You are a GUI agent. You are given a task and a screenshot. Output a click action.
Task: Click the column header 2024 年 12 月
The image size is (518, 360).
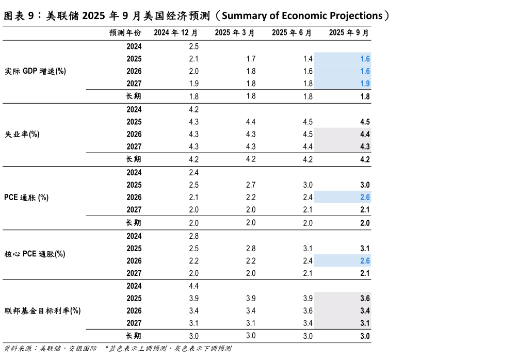click(176, 33)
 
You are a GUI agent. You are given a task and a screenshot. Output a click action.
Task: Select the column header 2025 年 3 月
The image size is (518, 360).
click(235, 33)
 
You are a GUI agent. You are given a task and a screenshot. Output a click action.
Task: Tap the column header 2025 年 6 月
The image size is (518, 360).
click(292, 33)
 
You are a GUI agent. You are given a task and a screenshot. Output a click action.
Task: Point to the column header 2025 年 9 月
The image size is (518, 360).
click(349, 33)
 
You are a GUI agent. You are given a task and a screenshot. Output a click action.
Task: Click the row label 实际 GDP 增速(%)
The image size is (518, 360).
click(35, 71)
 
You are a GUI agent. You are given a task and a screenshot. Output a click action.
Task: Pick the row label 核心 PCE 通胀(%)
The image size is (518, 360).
click(35, 254)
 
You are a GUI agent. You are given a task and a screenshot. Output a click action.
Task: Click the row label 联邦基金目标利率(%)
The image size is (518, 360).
click(42, 311)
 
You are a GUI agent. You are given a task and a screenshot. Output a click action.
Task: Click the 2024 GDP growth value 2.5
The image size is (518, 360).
click(194, 46)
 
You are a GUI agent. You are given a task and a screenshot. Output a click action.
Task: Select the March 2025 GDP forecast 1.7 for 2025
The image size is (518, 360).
click(251, 59)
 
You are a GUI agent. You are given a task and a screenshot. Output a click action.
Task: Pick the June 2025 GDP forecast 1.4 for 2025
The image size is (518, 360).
click(308, 59)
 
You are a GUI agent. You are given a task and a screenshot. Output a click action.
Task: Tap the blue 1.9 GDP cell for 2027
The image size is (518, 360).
click(365, 84)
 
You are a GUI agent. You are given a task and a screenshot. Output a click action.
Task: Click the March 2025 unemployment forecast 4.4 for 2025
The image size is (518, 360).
click(251, 122)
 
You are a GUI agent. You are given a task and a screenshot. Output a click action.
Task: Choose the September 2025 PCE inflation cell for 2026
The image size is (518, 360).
click(365, 198)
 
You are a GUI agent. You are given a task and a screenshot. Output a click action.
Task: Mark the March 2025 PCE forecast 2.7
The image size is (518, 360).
click(251, 185)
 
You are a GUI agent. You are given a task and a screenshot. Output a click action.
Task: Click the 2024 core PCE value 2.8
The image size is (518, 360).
click(194, 236)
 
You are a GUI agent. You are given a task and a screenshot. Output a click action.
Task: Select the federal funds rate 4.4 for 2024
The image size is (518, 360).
click(194, 286)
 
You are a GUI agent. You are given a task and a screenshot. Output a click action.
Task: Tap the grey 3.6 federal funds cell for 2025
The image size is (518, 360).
click(365, 299)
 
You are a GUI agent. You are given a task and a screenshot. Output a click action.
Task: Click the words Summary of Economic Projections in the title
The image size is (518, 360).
click(302, 15)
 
